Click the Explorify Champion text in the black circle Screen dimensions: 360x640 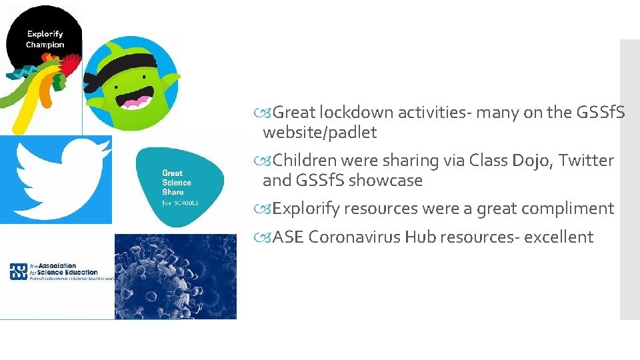(45, 38)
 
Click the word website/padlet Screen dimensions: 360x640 (320, 132)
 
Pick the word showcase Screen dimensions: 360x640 (385, 180)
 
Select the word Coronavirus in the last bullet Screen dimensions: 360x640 (354, 236)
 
